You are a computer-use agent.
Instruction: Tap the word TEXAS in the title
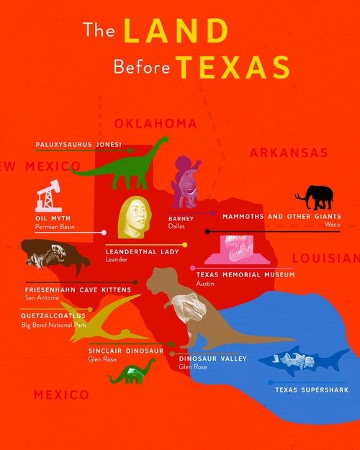point(233,67)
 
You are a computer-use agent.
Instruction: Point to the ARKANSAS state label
point(288,153)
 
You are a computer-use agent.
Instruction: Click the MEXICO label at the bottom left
point(61,395)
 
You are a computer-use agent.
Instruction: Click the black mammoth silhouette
point(317,196)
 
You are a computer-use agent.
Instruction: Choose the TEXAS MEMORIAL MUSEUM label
point(246,275)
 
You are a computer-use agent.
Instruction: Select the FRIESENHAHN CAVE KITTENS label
point(78,289)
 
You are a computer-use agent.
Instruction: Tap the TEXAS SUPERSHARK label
point(311,390)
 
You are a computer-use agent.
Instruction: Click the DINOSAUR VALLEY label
point(213,358)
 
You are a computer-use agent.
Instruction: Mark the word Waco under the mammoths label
point(332,225)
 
